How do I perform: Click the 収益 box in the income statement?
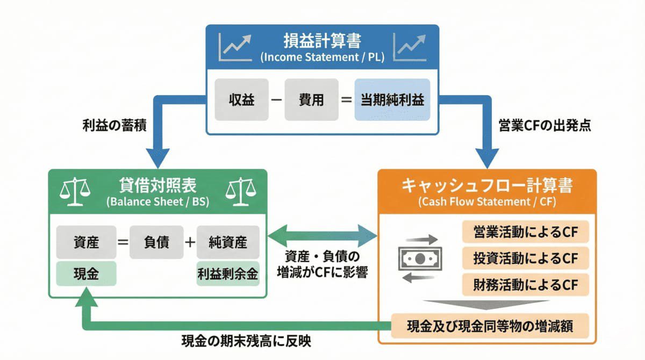(242, 99)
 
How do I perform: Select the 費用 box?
(311, 99)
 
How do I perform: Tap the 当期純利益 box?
(392, 99)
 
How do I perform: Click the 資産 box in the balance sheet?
(86, 242)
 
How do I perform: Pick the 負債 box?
(156, 242)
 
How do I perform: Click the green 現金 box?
(86, 274)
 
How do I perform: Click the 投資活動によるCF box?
(525, 258)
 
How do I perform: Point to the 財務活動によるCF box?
(525, 284)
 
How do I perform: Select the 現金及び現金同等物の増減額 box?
(490, 326)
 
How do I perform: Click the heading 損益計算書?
(322, 41)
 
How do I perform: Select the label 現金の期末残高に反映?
(246, 341)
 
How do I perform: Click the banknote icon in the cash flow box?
(419, 258)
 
